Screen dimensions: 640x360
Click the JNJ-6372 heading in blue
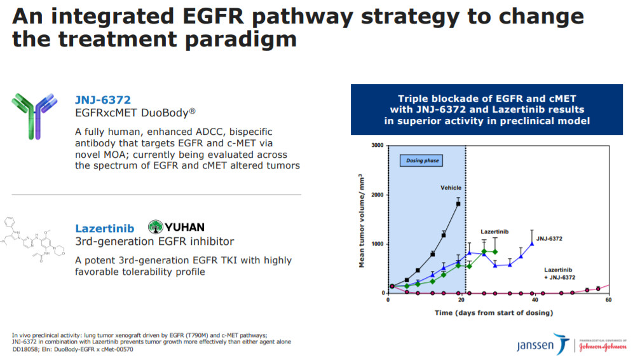tap(103, 100)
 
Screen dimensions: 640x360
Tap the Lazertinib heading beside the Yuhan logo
tap(104, 228)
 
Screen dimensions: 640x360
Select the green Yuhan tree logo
tap(156, 226)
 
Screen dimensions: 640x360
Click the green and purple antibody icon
tap(35, 116)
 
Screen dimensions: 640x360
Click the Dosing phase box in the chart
tap(421, 160)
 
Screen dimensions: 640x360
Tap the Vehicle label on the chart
tap(451, 188)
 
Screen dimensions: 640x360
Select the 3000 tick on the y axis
tap(378, 146)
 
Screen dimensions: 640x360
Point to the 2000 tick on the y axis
tap(378, 195)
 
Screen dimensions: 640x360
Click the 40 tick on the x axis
tap(535, 300)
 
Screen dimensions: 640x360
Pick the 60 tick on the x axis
tap(609, 300)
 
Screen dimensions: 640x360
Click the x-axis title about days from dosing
tap(494, 313)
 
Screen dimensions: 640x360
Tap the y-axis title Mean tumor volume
tap(361, 221)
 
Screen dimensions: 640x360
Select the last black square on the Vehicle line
tap(458, 204)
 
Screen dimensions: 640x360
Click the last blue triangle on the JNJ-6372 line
tap(532, 244)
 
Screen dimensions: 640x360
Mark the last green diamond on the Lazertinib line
tap(495, 252)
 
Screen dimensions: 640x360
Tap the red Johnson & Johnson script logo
tap(603, 347)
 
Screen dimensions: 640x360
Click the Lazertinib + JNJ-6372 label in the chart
tap(559, 273)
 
